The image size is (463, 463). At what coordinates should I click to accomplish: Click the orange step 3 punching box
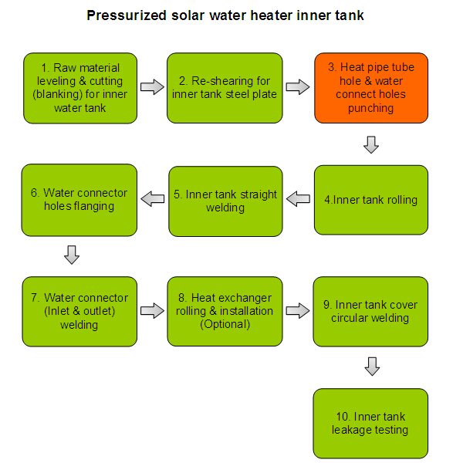point(371,88)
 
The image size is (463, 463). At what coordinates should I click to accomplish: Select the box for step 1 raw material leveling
point(80,88)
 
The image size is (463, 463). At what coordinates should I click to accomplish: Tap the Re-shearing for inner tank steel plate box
point(225,88)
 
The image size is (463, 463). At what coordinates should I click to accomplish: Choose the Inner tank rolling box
point(371,200)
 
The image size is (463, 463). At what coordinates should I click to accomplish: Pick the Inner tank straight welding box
point(225,201)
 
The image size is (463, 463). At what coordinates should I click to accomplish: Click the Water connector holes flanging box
point(79,200)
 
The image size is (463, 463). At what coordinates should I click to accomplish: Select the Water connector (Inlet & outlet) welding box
point(79,312)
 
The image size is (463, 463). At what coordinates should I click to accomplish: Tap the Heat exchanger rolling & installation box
point(225,311)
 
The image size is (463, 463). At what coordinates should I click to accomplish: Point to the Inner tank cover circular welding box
point(370,312)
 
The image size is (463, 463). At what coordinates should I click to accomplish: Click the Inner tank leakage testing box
point(370,424)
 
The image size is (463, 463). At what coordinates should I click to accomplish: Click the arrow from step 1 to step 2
point(152,87)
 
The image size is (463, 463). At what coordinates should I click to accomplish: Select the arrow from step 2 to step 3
point(298,87)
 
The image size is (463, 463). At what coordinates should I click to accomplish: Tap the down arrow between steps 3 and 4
point(371,145)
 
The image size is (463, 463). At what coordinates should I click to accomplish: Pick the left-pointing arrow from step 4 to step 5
point(298,199)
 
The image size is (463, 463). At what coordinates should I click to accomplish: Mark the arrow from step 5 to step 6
point(153,199)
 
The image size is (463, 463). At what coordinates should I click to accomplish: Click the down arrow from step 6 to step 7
point(72,255)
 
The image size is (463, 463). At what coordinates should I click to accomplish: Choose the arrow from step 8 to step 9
point(298,311)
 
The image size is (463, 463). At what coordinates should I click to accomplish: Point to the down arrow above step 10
point(372,367)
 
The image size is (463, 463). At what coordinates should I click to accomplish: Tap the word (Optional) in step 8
point(225,325)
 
